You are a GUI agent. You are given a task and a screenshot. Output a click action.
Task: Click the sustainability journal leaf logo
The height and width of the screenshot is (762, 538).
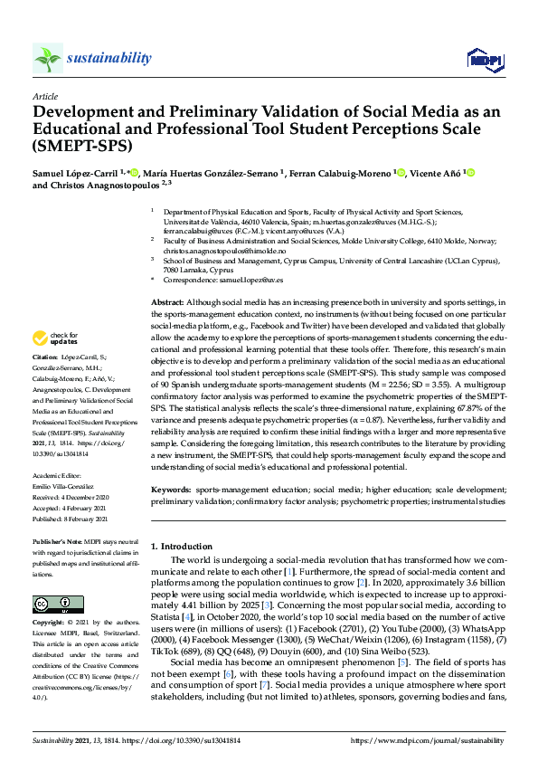(x=48, y=58)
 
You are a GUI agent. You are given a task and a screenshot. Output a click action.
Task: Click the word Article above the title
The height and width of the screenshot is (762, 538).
(x=45, y=96)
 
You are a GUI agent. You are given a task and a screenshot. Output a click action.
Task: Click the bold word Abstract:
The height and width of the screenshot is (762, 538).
(x=166, y=301)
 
